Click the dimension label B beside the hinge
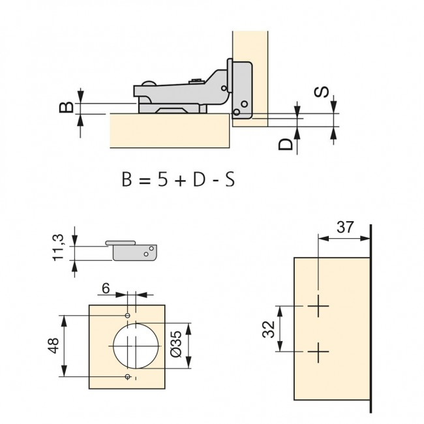(67, 107)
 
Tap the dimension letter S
(321, 92)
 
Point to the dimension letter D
(286, 144)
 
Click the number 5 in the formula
(163, 179)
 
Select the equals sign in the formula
(145, 181)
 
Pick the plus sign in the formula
(181, 181)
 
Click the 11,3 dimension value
(58, 247)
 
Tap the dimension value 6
(106, 288)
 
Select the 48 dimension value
(53, 345)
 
